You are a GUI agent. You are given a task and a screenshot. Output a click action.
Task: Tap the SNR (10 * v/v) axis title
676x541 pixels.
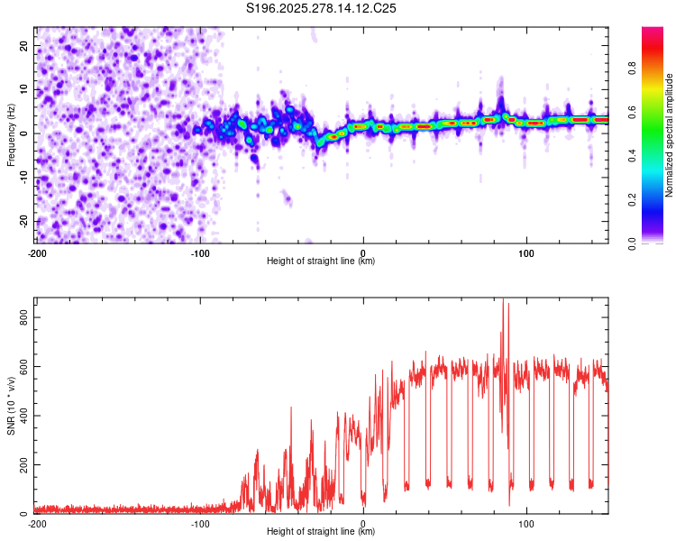pos(12,406)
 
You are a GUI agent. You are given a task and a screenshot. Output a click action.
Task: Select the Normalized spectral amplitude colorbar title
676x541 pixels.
pos(670,135)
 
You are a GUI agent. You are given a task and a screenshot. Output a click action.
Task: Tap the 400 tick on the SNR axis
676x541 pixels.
pos(22,416)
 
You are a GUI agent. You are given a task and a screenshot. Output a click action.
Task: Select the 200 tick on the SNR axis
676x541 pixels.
pos(22,465)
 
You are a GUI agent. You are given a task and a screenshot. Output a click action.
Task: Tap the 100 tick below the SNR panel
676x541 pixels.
pos(526,523)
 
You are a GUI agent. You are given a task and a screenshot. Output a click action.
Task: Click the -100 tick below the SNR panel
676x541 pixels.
pos(200,523)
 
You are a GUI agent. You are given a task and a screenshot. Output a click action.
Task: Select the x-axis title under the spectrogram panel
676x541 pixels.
pos(322,261)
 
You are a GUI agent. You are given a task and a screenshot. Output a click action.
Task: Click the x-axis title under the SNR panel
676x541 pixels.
pos(322,532)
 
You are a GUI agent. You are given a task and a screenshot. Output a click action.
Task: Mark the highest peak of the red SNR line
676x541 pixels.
pos(503,299)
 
